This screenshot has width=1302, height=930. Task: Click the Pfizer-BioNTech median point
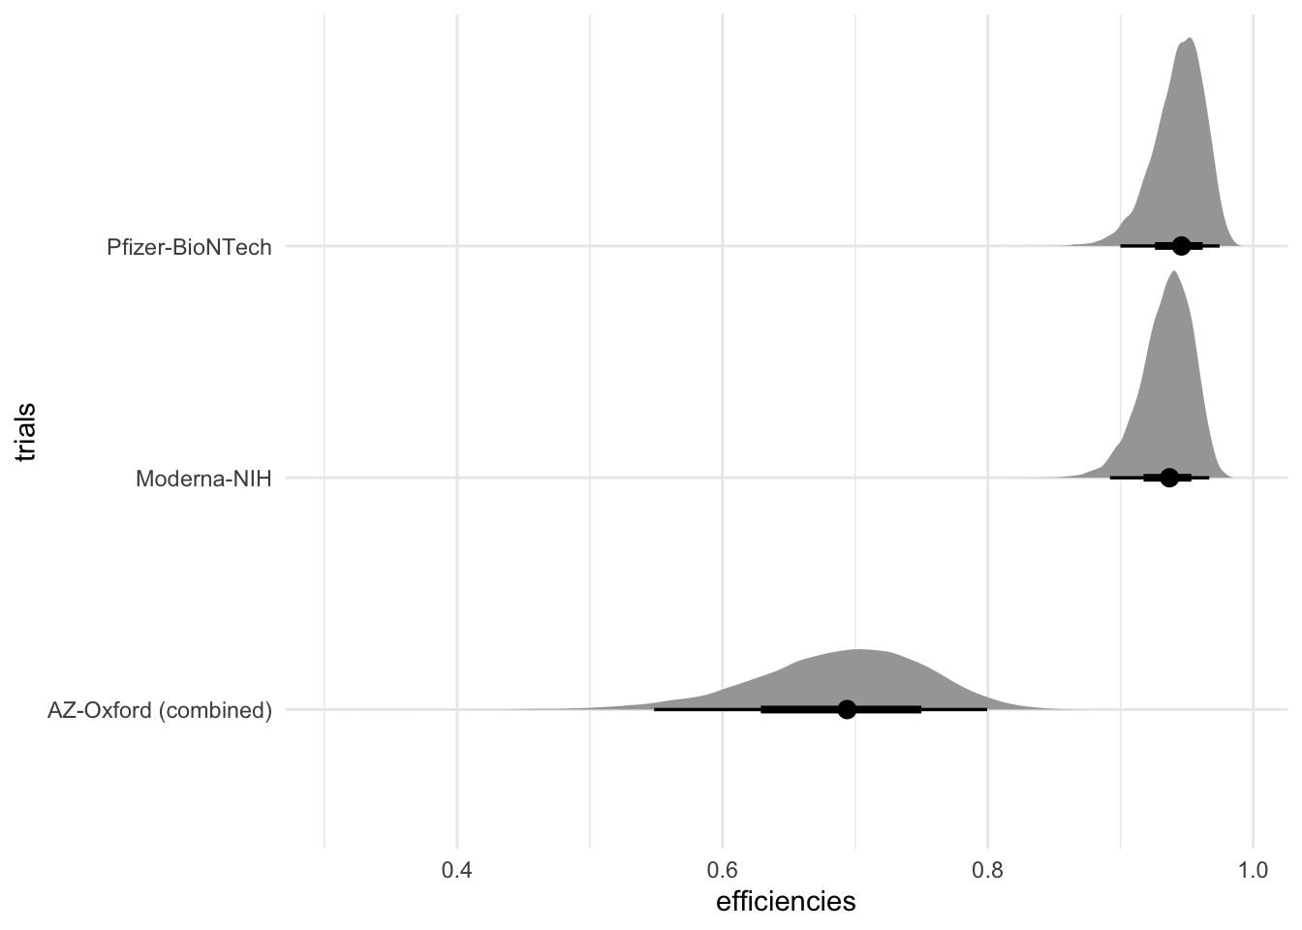[x=1181, y=246]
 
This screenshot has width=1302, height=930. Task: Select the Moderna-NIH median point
[x=1169, y=478]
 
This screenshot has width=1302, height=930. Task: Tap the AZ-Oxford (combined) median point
[x=847, y=709]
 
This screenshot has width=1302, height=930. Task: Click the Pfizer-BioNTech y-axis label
[x=189, y=247]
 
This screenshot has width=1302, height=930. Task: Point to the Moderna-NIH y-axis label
[x=203, y=479]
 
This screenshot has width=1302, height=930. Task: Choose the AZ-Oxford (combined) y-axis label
[x=160, y=710]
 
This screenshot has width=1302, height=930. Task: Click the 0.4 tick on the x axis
[x=456, y=871]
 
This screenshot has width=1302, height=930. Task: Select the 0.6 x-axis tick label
[x=722, y=871]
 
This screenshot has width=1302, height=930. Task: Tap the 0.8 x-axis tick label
[x=987, y=871]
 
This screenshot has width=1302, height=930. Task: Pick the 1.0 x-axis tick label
[x=1253, y=871]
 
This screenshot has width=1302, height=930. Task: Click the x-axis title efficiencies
[x=786, y=903]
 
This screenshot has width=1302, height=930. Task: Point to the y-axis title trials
[x=26, y=432]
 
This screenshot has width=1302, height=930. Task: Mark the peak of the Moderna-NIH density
[x=1174, y=272]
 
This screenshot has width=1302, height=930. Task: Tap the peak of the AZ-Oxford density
[x=858, y=650]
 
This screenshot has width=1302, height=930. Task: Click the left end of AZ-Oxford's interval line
[x=655, y=709]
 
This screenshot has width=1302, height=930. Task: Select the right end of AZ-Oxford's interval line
[x=986, y=709]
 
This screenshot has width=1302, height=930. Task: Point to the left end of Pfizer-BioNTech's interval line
[x=1121, y=246]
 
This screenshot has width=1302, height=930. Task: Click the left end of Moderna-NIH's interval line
[x=1111, y=478]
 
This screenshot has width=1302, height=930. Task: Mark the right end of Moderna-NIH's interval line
[x=1208, y=478]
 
